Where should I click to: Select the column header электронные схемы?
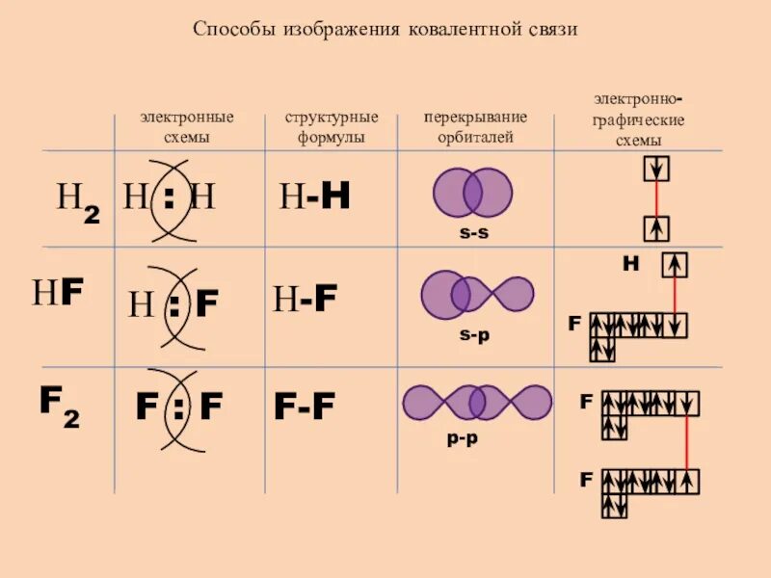187,127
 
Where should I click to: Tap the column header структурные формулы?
331,127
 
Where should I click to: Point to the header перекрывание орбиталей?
475,127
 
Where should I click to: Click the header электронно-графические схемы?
639,119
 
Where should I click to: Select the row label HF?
57,293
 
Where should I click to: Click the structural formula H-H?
314,197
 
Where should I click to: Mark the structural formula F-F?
305,407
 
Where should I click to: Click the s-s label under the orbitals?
473,233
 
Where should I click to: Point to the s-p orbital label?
474,334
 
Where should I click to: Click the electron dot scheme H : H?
169,198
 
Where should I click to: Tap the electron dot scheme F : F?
178,407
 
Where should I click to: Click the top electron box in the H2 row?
656,170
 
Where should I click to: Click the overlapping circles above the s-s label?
472,194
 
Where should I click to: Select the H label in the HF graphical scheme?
630,262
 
